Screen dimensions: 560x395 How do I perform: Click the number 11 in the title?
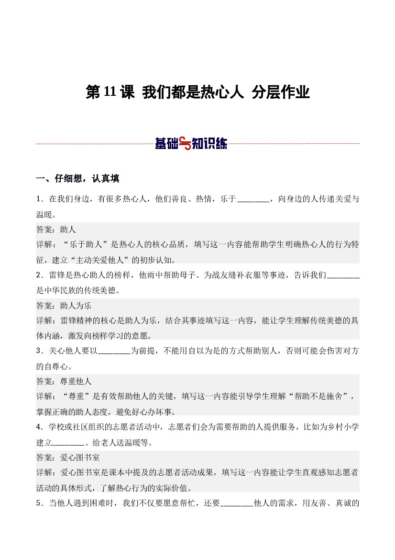pos(110,92)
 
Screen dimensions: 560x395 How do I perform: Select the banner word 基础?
pos(166,143)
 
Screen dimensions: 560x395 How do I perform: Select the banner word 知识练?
pos(209,143)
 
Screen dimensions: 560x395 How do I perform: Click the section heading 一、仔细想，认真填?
pos(77,179)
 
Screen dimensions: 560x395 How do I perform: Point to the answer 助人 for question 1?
pos(68,229)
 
